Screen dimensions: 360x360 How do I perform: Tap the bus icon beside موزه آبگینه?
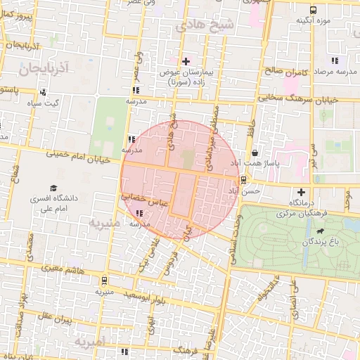pyautogui.click(x=313, y=10)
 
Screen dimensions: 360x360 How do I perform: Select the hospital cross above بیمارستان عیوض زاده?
pyautogui.click(x=186, y=62)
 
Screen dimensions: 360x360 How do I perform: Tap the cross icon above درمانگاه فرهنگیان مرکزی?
pyautogui.click(x=302, y=192)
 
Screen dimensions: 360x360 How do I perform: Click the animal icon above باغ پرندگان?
pyautogui.click(x=321, y=231)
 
